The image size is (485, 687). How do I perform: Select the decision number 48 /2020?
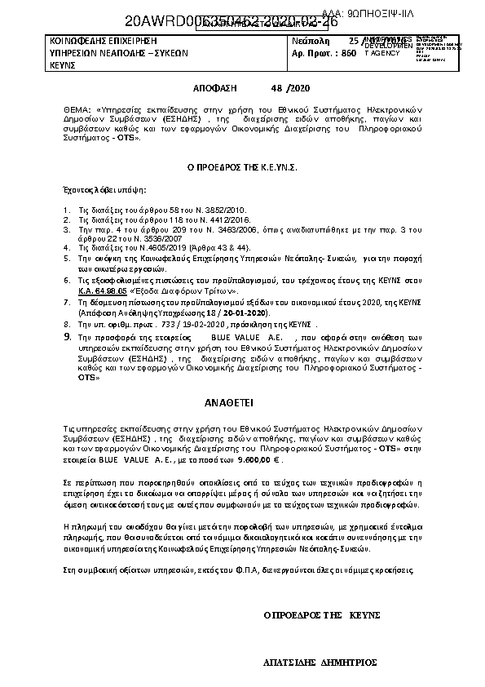(289, 87)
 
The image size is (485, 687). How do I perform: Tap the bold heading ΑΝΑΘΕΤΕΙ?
(235, 402)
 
